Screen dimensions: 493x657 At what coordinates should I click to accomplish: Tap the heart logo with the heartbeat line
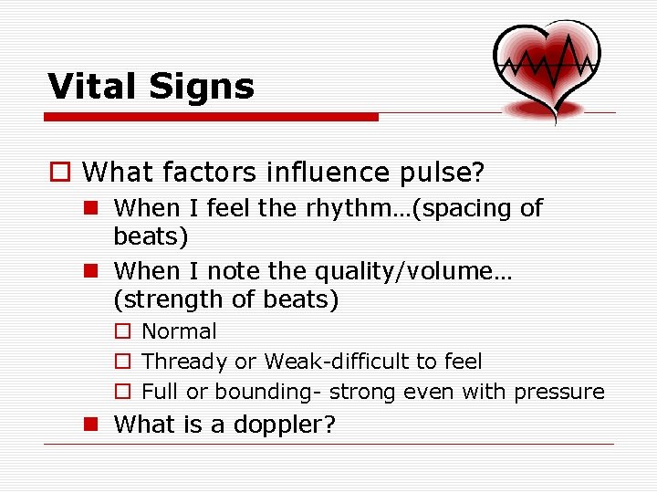coord(547,64)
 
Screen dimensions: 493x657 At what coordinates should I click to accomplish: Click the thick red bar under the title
coord(211,117)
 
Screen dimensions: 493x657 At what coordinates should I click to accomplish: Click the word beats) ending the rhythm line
coord(151,236)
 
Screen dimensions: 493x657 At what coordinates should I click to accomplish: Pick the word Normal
coord(180,331)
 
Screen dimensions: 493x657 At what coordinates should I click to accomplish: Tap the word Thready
coord(185,362)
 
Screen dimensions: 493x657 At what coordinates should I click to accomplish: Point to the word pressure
coord(558,392)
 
